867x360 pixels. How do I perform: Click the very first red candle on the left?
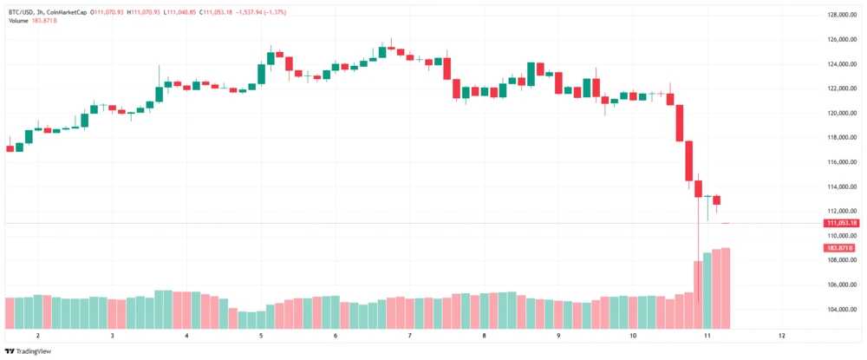10,148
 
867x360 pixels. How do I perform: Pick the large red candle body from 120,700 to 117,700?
680,122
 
